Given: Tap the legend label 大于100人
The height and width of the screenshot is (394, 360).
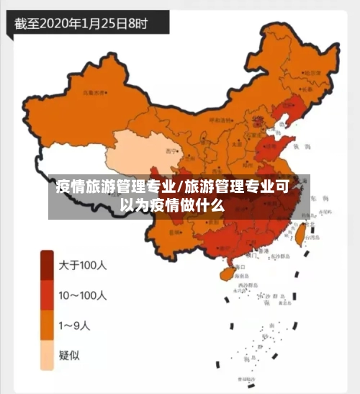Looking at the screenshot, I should (x=82, y=265).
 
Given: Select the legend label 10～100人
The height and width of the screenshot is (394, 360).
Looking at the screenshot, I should (x=82, y=295).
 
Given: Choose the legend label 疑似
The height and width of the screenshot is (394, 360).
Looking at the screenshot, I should (x=69, y=354).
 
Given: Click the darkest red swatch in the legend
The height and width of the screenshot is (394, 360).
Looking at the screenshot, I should (x=48, y=264).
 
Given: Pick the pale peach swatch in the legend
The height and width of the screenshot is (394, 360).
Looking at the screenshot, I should (x=48, y=354).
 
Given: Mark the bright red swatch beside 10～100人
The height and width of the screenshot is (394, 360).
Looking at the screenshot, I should (x=48, y=295).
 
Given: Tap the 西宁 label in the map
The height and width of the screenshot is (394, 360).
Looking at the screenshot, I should (x=171, y=151).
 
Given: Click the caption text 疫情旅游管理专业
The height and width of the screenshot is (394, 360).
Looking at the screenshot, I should (x=116, y=188).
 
